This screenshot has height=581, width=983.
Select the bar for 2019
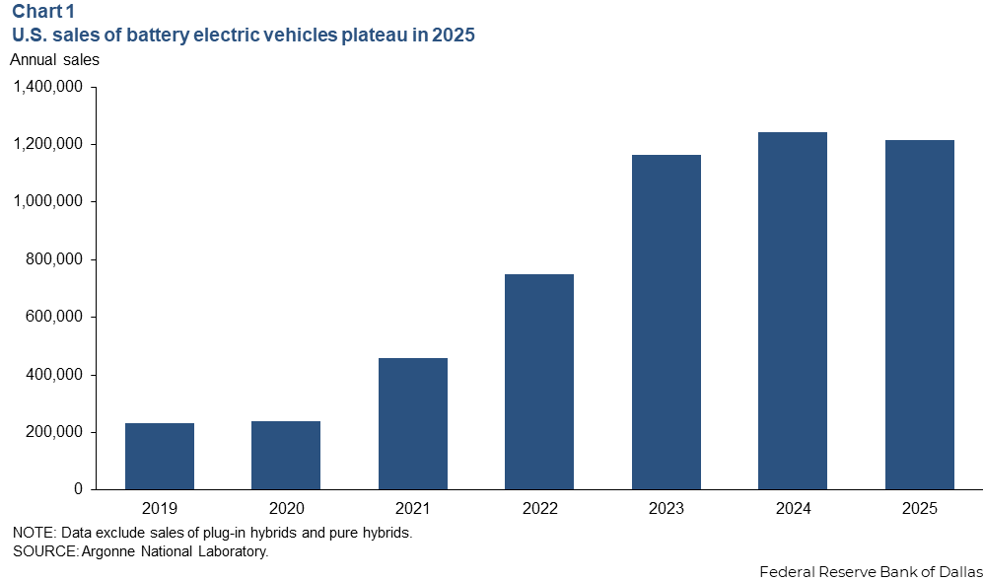[x=160, y=456]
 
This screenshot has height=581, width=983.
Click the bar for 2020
[x=286, y=455]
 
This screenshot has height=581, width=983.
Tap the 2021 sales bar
[x=413, y=423]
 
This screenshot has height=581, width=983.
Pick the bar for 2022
[x=539, y=382]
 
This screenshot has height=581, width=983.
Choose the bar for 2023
[x=667, y=322]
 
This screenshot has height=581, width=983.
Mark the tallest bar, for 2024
[x=793, y=311]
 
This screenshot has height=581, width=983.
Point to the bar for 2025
[x=920, y=315]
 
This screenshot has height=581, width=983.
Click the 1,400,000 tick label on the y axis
[x=48, y=87]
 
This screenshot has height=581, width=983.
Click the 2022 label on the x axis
[x=539, y=509]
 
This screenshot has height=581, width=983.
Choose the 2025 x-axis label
[x=920, y=509]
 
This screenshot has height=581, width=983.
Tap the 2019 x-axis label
[x=160, y=509]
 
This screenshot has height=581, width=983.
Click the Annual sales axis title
[x=54, y=59]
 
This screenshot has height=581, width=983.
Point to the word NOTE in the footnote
[x=34, y=533]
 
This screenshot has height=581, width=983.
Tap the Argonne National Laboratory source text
[x=174, y=551]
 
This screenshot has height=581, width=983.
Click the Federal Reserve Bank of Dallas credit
[x=871, y=571]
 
